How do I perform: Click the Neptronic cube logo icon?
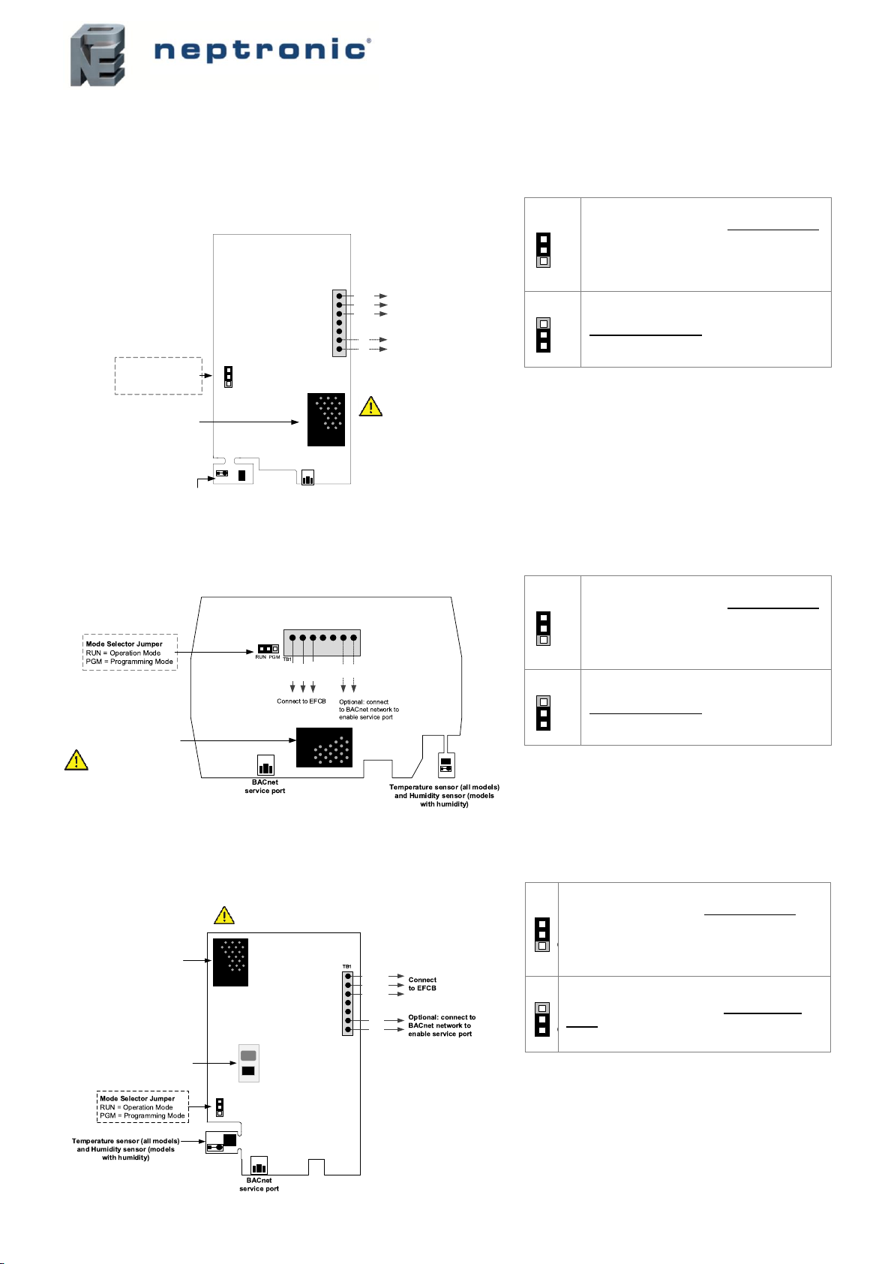98,56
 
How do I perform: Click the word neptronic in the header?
261,50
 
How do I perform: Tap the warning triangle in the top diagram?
370,407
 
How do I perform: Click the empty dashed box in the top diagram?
158,376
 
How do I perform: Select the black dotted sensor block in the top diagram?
325,419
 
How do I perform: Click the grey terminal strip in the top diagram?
339,323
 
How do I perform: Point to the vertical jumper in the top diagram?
229,377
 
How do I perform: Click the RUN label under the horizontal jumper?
260,657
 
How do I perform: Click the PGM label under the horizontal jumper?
274,657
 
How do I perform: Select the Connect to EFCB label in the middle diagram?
301,701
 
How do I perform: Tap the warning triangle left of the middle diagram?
76,760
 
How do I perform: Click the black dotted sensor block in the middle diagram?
324,747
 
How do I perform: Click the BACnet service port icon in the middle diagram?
265,765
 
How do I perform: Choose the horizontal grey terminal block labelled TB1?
322,642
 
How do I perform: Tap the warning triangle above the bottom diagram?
224,915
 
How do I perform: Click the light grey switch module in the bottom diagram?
248,1063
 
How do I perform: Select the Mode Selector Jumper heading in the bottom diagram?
137,1098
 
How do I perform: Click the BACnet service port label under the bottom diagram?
259,1184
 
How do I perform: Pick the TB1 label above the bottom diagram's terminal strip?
346,966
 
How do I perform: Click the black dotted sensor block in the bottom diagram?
230,962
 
